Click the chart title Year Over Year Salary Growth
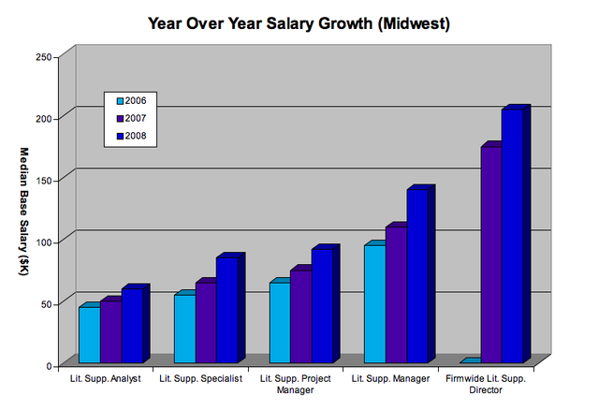click(299, 22)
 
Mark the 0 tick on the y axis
click(47, 366)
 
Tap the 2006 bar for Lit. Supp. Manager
click(373, 303)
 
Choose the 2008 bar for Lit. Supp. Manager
click(416, 276)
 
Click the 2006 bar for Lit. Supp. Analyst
click(89, 334)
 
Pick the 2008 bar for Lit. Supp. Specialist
click(226, 309)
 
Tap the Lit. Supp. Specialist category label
click(201, 379)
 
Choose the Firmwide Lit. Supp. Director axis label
click(486, 384)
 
